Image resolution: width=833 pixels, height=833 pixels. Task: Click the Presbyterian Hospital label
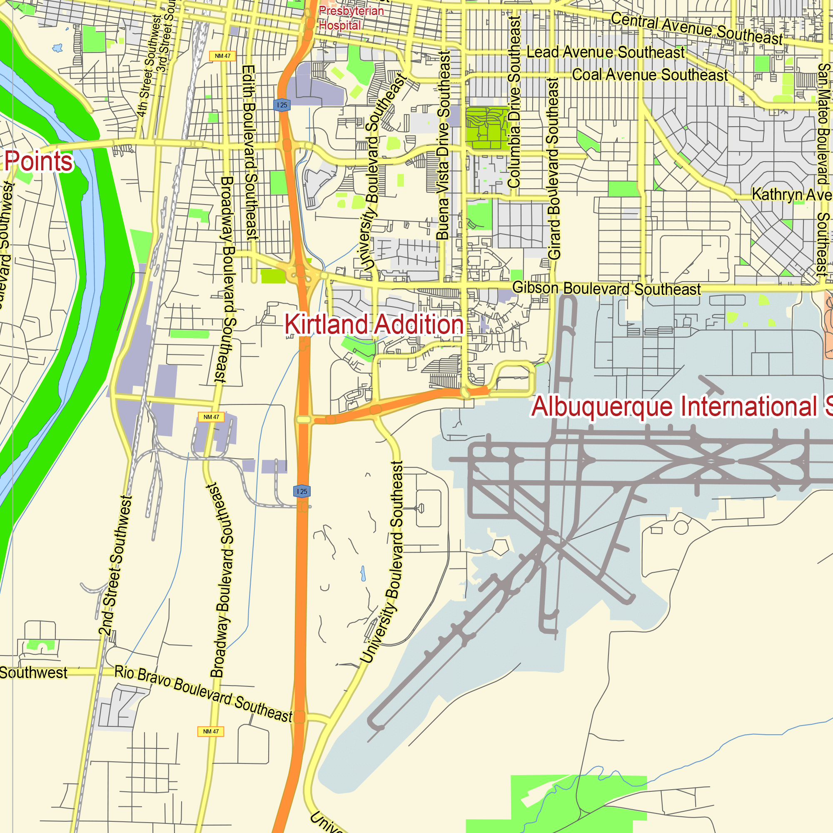click(x=351, y=17)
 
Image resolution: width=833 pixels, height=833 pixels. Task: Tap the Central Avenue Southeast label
click(x=696, y=28)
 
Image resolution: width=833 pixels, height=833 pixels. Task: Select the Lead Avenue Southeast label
click(x=605, y=52)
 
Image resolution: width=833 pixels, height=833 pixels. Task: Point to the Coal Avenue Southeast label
click(x=650, y=75)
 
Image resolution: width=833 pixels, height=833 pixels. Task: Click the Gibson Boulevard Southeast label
click(x=606, y=289)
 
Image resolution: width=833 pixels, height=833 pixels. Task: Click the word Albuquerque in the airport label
click(x=601, y=407)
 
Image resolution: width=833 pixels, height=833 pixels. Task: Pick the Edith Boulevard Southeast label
click(x=249, y=152)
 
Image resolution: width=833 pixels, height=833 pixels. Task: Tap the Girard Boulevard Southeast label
click(x=554, y=169)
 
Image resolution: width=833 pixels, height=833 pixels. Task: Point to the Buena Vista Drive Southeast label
click(x=443, y=145)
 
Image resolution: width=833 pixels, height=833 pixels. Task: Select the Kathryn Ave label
click(x=792, y=195)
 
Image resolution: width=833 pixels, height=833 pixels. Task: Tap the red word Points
click(x=39, y=161)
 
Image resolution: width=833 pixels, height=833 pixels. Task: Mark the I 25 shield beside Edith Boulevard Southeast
click(x=282, y=105)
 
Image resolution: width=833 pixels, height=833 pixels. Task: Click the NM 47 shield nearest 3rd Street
click(x=222, y=56)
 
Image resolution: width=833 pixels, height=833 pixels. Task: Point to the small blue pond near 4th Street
click(x=58, y=48)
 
